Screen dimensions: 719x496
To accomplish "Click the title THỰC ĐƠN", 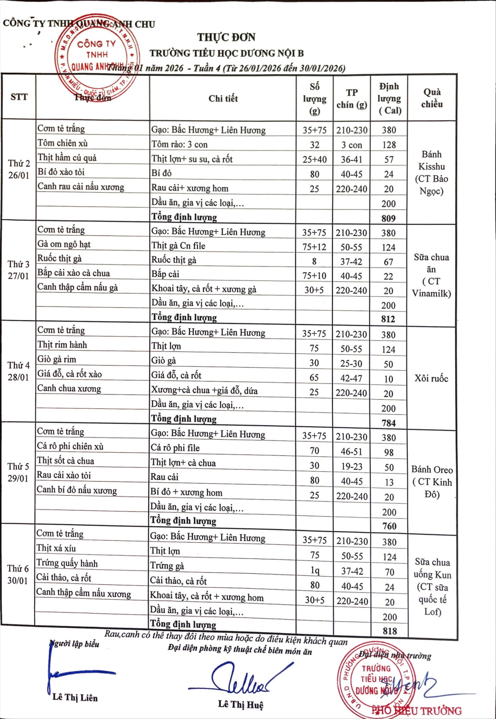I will coord(226,37).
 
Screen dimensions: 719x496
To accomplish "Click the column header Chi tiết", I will coord(223,98).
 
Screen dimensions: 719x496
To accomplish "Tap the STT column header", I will coord(19,97).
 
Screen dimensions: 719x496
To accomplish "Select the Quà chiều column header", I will coord(432,98).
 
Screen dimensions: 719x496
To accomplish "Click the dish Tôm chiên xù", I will coord(62,143).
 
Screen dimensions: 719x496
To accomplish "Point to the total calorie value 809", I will coord(389,218).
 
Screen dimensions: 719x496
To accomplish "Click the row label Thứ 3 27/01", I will coord(18,270).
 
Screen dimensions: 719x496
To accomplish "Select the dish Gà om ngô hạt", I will coord(64,244).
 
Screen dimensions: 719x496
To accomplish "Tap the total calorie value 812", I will coord(388,319).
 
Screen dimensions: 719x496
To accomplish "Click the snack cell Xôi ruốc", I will coord(431,378).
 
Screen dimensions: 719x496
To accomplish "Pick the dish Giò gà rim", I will coord(57,359).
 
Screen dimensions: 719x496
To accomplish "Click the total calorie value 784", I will coord(389,423).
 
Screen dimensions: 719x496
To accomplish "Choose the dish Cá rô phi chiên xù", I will coord(70,446).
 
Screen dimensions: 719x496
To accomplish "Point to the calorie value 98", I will coord(389,452).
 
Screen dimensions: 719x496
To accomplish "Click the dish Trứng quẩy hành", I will coord(67,563).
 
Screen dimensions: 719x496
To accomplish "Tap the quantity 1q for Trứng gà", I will coord(315,570).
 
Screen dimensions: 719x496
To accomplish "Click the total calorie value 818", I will coord(390,631).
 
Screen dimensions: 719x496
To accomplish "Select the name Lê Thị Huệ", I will coord(240,704).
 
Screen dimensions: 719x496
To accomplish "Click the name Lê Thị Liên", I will coord(75,697).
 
